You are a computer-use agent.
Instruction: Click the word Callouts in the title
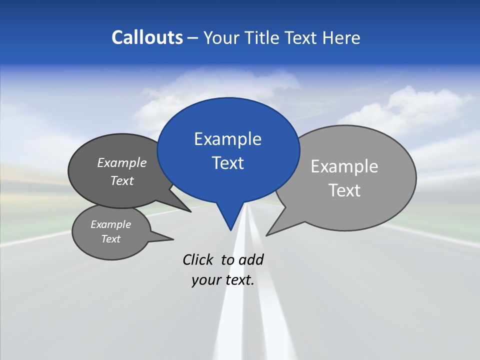147,37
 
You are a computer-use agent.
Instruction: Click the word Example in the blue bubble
227,139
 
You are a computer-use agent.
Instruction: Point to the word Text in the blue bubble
227,163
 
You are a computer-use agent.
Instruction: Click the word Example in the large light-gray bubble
344,166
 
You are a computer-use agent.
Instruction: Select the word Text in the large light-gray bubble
344,190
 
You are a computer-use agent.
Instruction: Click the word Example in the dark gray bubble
122,163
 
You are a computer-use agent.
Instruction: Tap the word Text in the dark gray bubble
122,180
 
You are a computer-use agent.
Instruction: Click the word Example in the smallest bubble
110,224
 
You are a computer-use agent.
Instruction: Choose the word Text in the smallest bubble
110,239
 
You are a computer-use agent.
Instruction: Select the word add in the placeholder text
251,259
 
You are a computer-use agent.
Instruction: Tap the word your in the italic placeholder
206,280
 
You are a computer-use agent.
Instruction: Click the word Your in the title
220,37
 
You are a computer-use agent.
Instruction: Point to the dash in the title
193,37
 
